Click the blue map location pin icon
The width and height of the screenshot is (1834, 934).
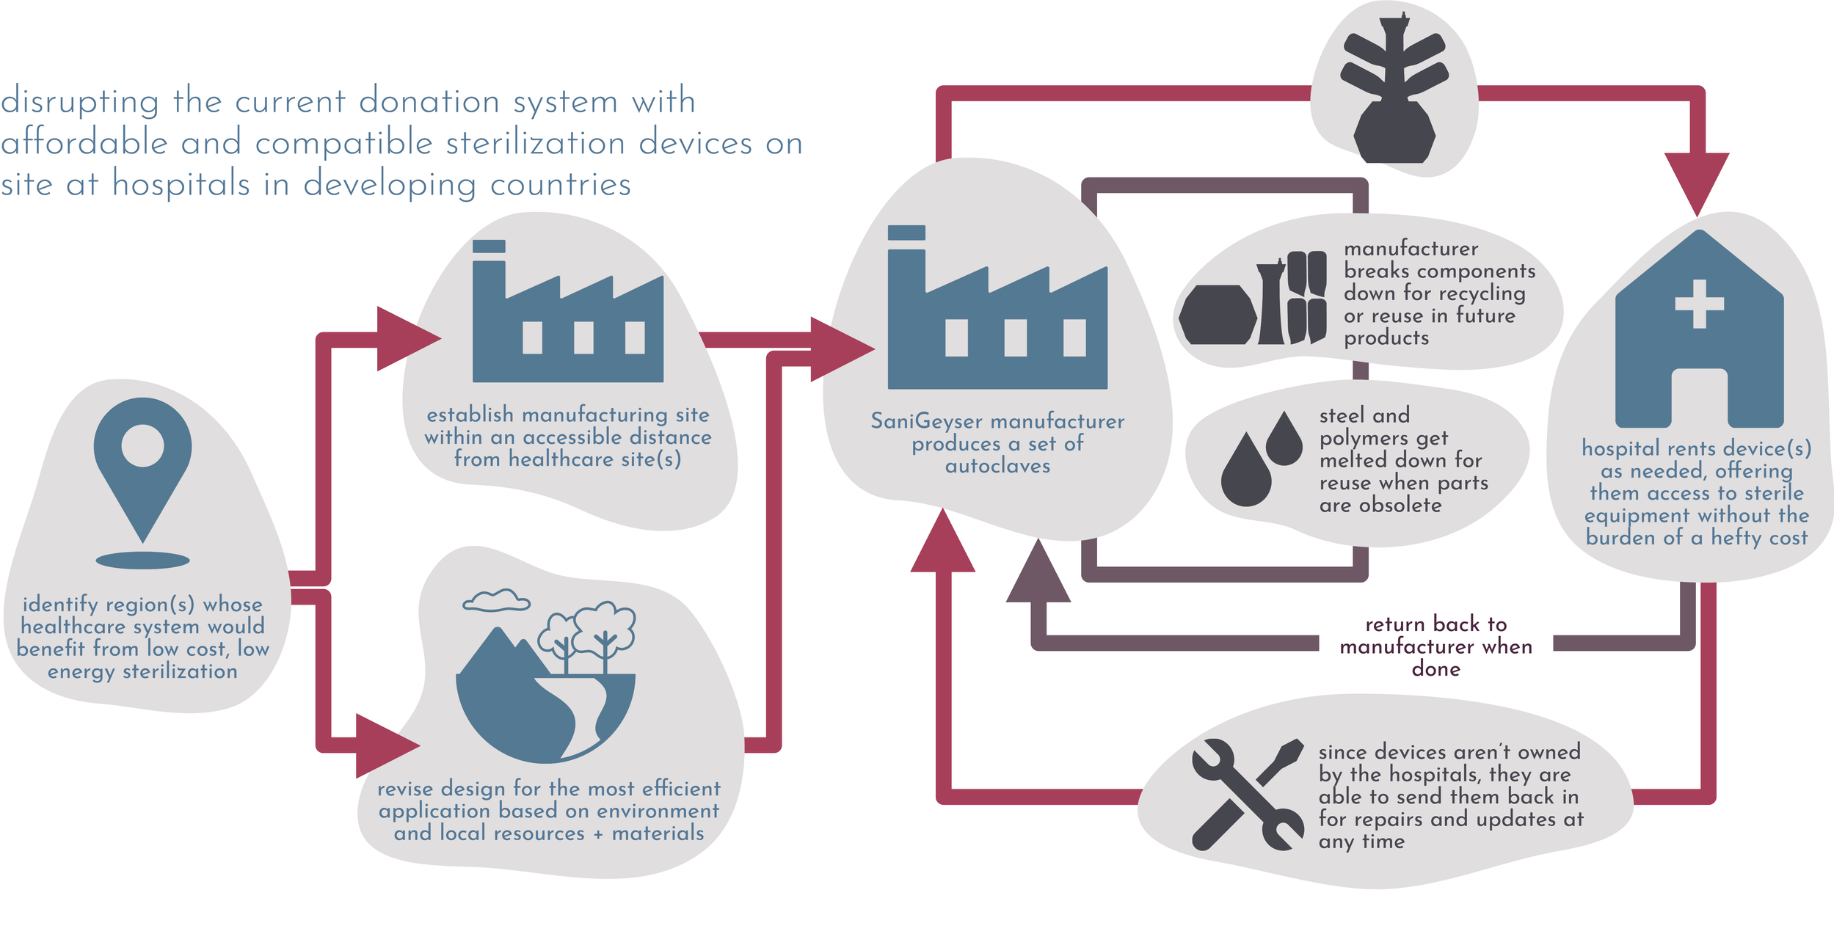(142, 462)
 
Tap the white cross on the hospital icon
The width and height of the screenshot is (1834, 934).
(1699, 303)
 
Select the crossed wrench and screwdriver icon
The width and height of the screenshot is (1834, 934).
(1247, 795)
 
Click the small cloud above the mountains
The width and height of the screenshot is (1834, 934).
(497, 601)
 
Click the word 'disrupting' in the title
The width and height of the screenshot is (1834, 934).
(79, 101)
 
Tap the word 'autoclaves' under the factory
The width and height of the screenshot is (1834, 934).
(997, 466)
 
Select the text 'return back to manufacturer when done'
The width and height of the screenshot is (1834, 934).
(1435, 646)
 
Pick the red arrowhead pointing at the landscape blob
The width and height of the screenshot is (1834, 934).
(385, 745)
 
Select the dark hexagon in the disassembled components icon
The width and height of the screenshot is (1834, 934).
(1218, 315)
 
